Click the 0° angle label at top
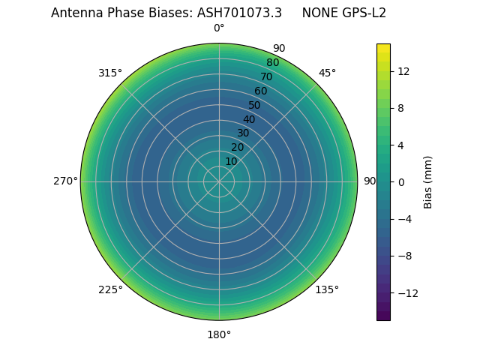pyautogui.click(x=219, y=28)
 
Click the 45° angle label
pyautogui.click(x=327, y=73)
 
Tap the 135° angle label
pyautogui.click(x=327, y=289)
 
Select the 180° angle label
pyautogui.click(x=219, y=334)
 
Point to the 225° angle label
pyautogui.click(x=110, y=289)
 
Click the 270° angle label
pyautogui.click(x=65, y=181)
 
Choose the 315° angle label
pyautogui.click(x=110, y=73)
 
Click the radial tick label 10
pyautogui.click(x=231, y=161)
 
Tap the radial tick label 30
pyautogui.click(x=243, y=133)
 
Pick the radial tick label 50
pyautogui.click(x=255, y=105)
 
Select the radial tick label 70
pyautogui.click(x=266, y=76)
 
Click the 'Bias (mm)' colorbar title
pyautogui.click(x=428, y=181)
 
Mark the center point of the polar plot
pyautogui.click(x=219, y=181)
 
